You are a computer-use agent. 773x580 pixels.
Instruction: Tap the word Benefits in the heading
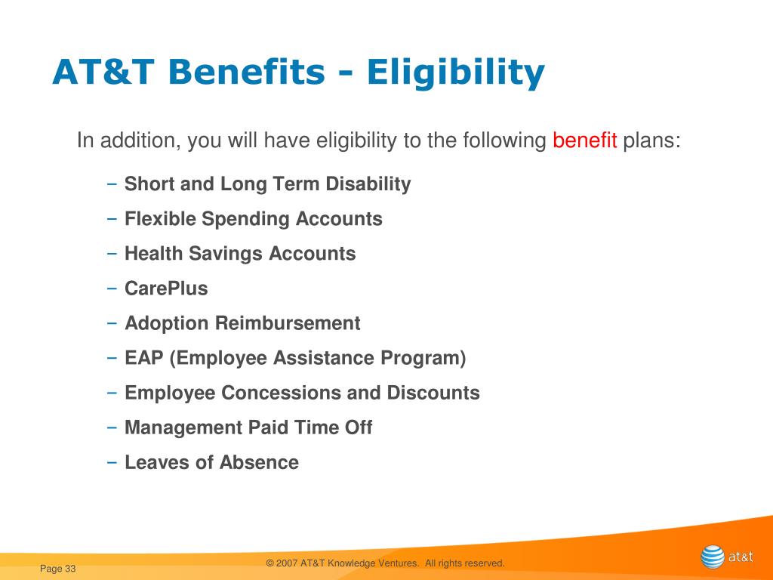tap(247, 72)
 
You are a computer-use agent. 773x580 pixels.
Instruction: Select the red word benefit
tap(585, 140)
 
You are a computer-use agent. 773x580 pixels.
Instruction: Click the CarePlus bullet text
tap(166, 288)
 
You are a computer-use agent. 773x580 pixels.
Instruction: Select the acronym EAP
tap(144, 357)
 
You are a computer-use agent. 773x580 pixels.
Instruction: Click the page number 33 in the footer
tap(70, 569)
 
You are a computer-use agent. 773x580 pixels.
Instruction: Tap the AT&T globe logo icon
tap(713, 557)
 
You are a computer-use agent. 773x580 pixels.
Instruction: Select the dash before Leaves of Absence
tap(112, 463)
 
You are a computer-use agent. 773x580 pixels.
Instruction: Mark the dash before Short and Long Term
tap(112, 184)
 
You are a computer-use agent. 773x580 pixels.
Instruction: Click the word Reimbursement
tap(288, 323)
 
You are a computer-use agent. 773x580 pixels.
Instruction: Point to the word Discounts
tap(433, 393)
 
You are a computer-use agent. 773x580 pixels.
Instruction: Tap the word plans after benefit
tap(651, 140)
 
